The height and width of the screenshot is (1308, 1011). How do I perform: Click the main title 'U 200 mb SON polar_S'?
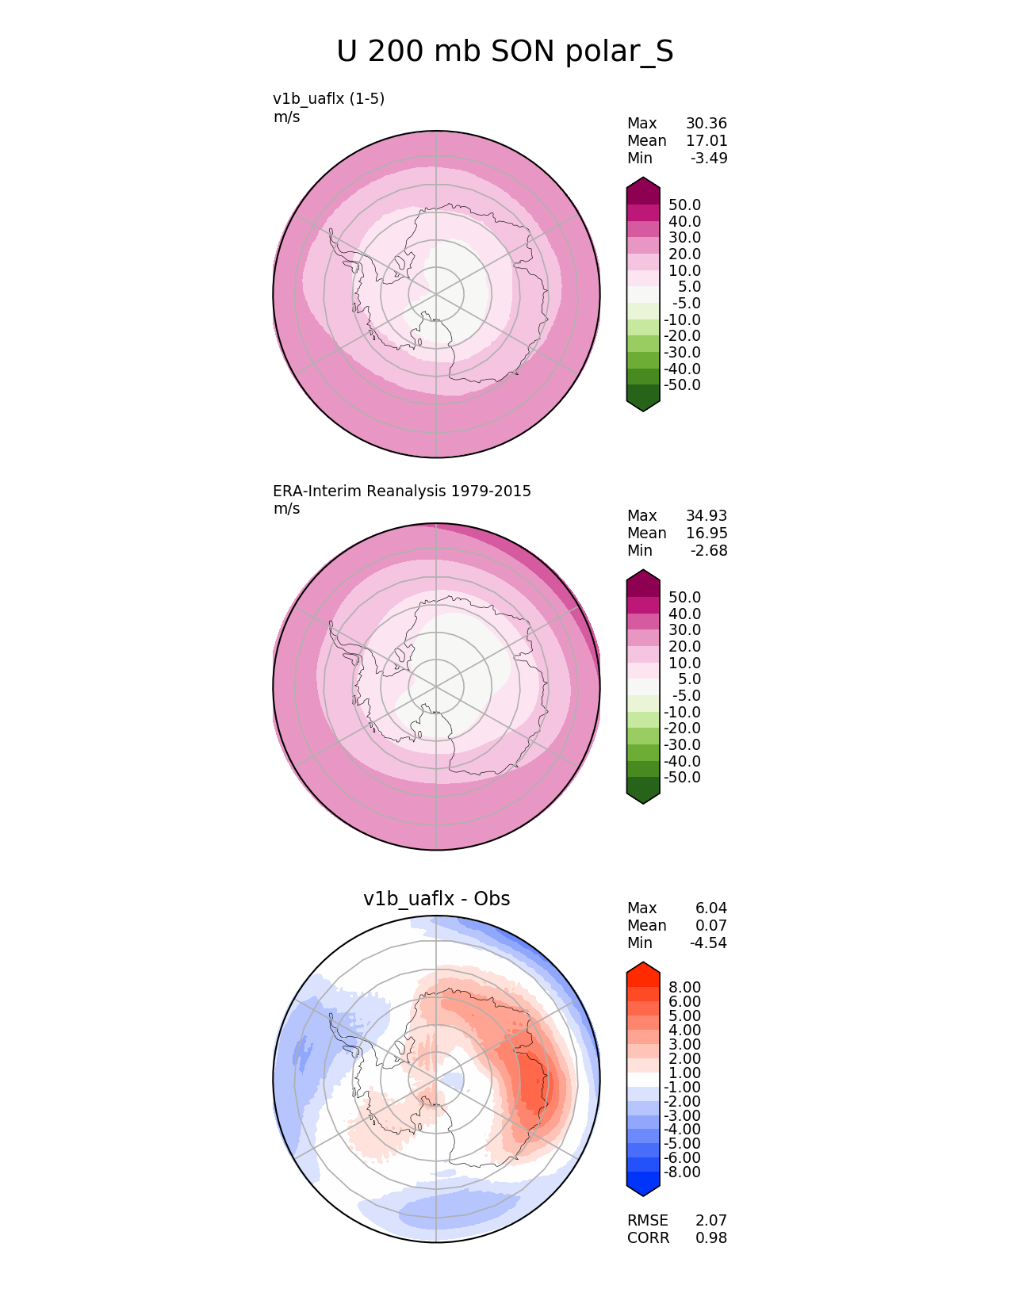(505, 52)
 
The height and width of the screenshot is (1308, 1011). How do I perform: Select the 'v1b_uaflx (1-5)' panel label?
(328, 98)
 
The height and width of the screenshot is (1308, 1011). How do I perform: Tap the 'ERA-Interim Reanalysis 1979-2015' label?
(402, 491)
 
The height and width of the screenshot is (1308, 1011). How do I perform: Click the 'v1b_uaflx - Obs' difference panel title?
(436, 898)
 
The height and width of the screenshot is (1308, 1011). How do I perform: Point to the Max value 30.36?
(706, 123)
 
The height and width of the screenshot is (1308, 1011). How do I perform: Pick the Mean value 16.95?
(706, 533)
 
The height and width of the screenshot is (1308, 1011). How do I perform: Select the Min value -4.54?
(708, 943)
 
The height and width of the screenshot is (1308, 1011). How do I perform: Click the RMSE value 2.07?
(710, 1220)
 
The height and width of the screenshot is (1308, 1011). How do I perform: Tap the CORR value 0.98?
(710, 1237)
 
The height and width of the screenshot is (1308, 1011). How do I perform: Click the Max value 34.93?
(706, 515)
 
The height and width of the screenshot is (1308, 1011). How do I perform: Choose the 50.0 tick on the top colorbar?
(684, 205)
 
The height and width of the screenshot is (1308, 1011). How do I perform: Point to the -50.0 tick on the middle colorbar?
(682, 777)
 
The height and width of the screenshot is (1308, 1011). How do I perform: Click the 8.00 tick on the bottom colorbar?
(684, 987)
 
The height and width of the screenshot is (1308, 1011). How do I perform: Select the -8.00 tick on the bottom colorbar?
(682, 1172)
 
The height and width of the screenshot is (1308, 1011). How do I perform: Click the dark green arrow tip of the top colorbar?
(643, 403)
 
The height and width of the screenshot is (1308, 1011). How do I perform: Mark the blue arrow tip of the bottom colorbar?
(643, 1188)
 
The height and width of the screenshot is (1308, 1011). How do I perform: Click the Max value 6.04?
(710, 908)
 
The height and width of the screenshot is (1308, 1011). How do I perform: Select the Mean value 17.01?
(706, 140)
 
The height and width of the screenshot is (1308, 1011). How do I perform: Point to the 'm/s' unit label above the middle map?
(286, 508)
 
